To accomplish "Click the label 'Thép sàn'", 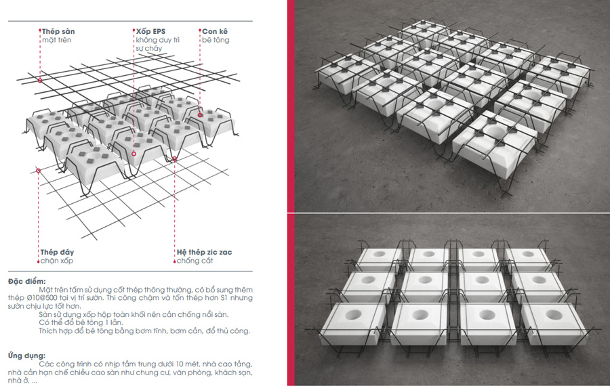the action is (x=58, y=32).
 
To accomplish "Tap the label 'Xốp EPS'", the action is (x=150, y=32).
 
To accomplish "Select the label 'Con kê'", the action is (x=215, y=32).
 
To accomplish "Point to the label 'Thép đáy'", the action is (x=57, y=253).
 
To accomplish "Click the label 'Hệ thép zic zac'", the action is (x=204, y=253).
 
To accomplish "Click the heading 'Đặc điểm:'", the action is (x=27, y=281).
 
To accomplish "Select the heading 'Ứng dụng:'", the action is (x=26, y=355).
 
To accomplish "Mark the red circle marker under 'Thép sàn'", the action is (x=40, y=81).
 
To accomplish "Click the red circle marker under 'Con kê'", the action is (x=200, y=114).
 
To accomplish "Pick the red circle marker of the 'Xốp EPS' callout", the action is (x=134, y=154).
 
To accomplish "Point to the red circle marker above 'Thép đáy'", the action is (x=38, y=171).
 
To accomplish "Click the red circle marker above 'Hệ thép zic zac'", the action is (x=175, y=158).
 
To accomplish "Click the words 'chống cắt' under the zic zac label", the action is (x=195, y=261).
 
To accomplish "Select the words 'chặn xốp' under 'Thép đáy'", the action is (x=57, y=261).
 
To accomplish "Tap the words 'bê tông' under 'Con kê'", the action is (x=216, y=40).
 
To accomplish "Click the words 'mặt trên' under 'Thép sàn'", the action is (x=57, y=40).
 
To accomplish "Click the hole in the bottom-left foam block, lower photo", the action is (x=353, y=315).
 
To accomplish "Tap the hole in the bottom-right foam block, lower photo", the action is (x=554, y=314).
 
